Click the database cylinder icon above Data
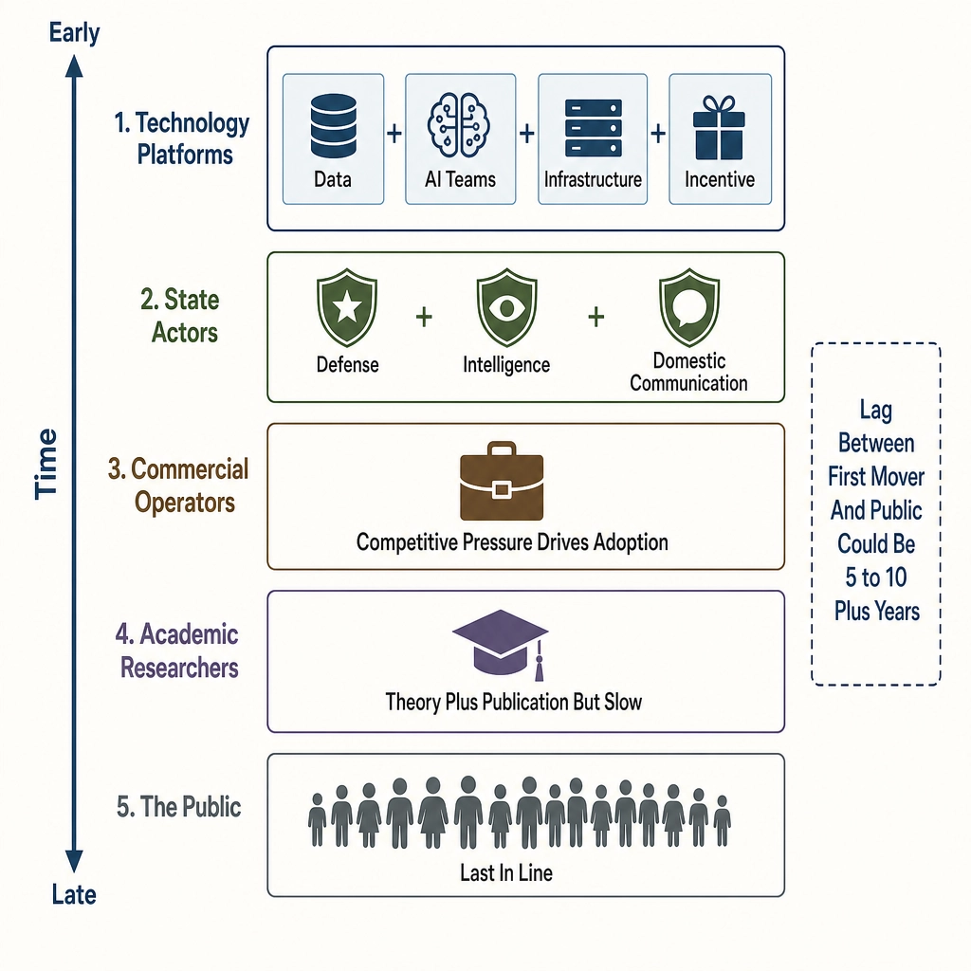click(x=333, y=126)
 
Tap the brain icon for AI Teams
click(x=459, y=124)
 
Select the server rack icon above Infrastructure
click(x=593, y=128)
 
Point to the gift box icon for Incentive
click(x=719, y=128)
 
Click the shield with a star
click(x=347, y=308)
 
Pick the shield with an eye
click(x=506, y=308)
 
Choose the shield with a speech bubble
click(x=689, y=308)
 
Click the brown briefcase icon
click(x=502, y=481)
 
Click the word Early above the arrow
click(x=74, y=32)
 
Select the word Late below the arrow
click(x=74, y=895)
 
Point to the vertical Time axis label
click(x=46, y=464)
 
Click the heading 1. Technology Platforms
click(x=182, y=138)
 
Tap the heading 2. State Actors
click(x=180, y=316)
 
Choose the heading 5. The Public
click(x=179, y=807)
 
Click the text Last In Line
click(x=506, y=873)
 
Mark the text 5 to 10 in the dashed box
click(x=875, y=577)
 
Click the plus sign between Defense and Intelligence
click(x=424, y=317)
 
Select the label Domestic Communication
click(x=688, y=372)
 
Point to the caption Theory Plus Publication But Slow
click(x=513, y=703)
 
